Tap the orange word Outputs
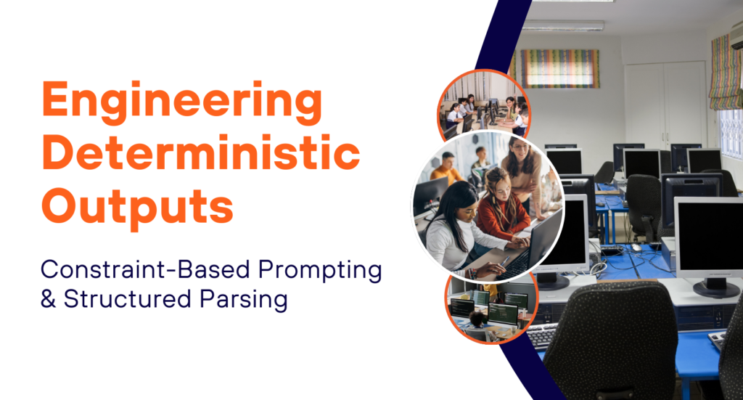coord(138,205)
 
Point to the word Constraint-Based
coord(145,269)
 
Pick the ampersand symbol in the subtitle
coord(49,299)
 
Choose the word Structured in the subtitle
coord(128,299)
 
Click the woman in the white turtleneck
coord(457,230)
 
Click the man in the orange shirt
coord(446,170)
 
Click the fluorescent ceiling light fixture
coord(563,25)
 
